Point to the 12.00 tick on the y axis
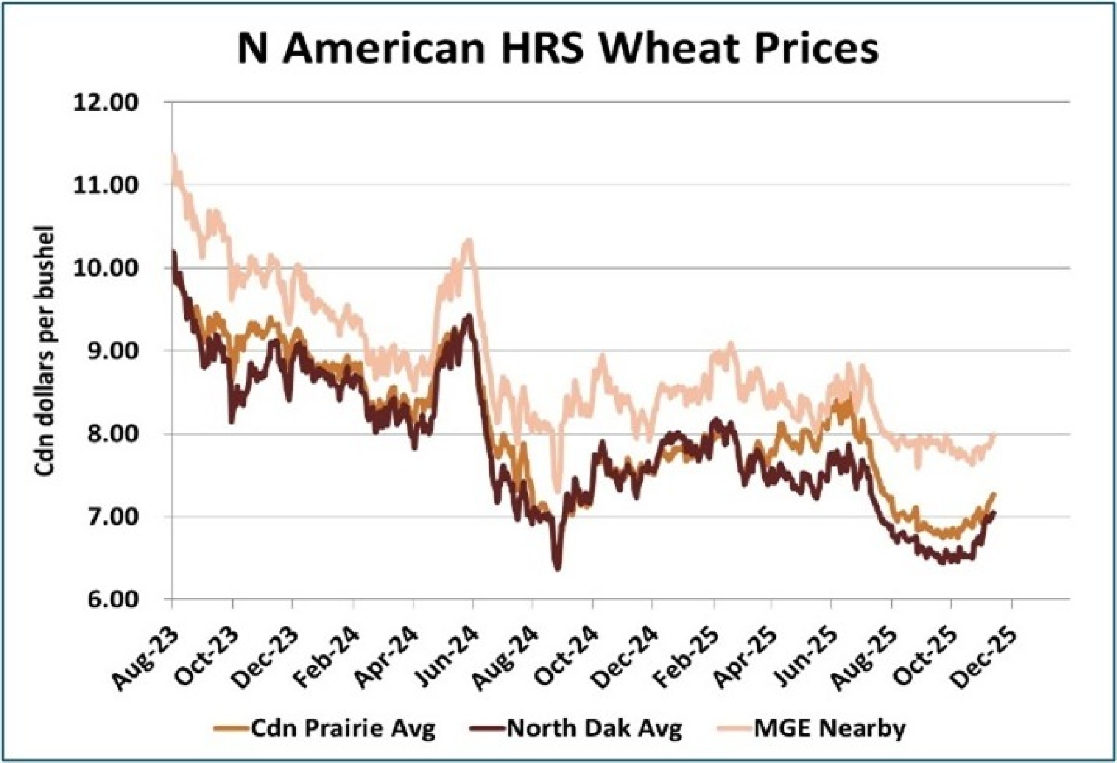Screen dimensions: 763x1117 tap(106, 103)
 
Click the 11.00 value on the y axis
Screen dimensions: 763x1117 tap(106, 185)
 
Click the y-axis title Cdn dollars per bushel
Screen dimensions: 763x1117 tap(44, 351)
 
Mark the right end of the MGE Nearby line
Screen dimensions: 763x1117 tap(994, 436)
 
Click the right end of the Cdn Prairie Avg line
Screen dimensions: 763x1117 tap(994, 494)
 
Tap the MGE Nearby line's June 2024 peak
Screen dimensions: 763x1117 tap(469, 241)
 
